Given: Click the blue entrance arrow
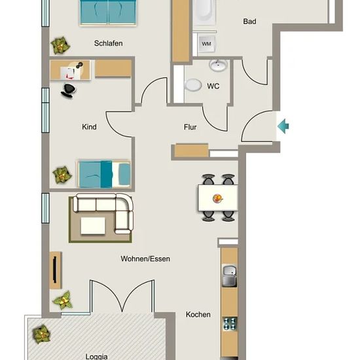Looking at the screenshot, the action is pyautogui.click(x=283, y=126).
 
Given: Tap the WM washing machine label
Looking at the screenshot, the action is pyautogui.click(x=206, y=44).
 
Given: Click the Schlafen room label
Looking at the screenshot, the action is pyautogui.click(x=109, y=43).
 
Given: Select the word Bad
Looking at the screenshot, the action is pyautogui.click(x=249, y=22).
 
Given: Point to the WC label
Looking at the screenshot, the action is pyautogui.click(x=213, y=86).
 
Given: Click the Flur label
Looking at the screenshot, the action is pyautogui.click(x=190, y=127).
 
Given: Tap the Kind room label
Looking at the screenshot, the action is pyautogui.click(x=89, y=127).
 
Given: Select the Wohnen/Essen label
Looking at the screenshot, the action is pyautogui.click(x=145, y=259).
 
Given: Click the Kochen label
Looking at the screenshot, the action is pyautogui.click(x=198, y=314).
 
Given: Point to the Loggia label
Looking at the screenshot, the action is pyautogui.click(x=96, y=356).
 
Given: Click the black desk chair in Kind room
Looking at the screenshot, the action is pyautogui.click(x=68, y=90).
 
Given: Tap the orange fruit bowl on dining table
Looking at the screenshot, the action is pyautogui.click(x=218, y=198).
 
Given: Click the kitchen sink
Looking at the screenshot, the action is pyautogui.click(x=229, y=276).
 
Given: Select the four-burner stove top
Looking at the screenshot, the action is pyautogui.click(x=230, y=323).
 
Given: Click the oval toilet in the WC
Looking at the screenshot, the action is pyautogui.click(x=193, y=84).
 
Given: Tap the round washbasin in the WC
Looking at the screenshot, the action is pyautogui.click(x=219, y=65).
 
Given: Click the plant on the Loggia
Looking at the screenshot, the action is pyautogui.click(x=41, y=334).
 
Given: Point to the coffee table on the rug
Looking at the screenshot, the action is pyautogui.click(x=93, y=226).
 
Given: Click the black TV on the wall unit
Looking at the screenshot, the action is pyautogui.click(x=54, y=270).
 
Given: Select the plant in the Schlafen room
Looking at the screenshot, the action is pyautogui.click(x=60, y=45).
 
